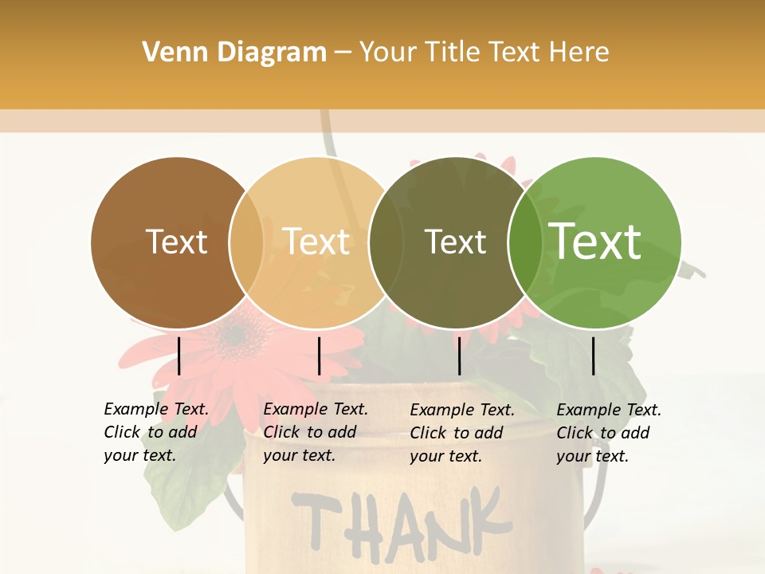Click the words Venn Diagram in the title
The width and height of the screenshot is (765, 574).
(x=234, y=53)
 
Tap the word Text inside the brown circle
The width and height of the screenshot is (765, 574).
(x=176, y=242)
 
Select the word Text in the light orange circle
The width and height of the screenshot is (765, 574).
(x=316, y=242)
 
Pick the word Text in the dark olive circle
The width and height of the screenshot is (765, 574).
(x=455, y=242)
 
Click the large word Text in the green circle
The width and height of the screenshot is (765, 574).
(x=595, y=242)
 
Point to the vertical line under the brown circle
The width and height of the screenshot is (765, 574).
(x=179, y=356)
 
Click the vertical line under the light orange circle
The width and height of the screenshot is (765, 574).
(x=319, y=356)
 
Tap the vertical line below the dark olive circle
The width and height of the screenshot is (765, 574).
(x=459, y=356)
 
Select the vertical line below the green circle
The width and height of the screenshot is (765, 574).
(x=594, y=356)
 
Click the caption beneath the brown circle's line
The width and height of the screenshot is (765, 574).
(x=156, y=432)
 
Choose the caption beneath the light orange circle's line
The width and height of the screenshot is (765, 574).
(x=316, y=432)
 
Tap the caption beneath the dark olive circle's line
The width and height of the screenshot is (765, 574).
(x=462, y=432)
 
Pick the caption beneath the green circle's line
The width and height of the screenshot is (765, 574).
(x=609, y=432)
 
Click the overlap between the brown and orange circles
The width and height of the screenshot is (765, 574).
(x=246, y=242)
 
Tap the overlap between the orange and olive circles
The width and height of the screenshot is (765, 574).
(x=386, y=242)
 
